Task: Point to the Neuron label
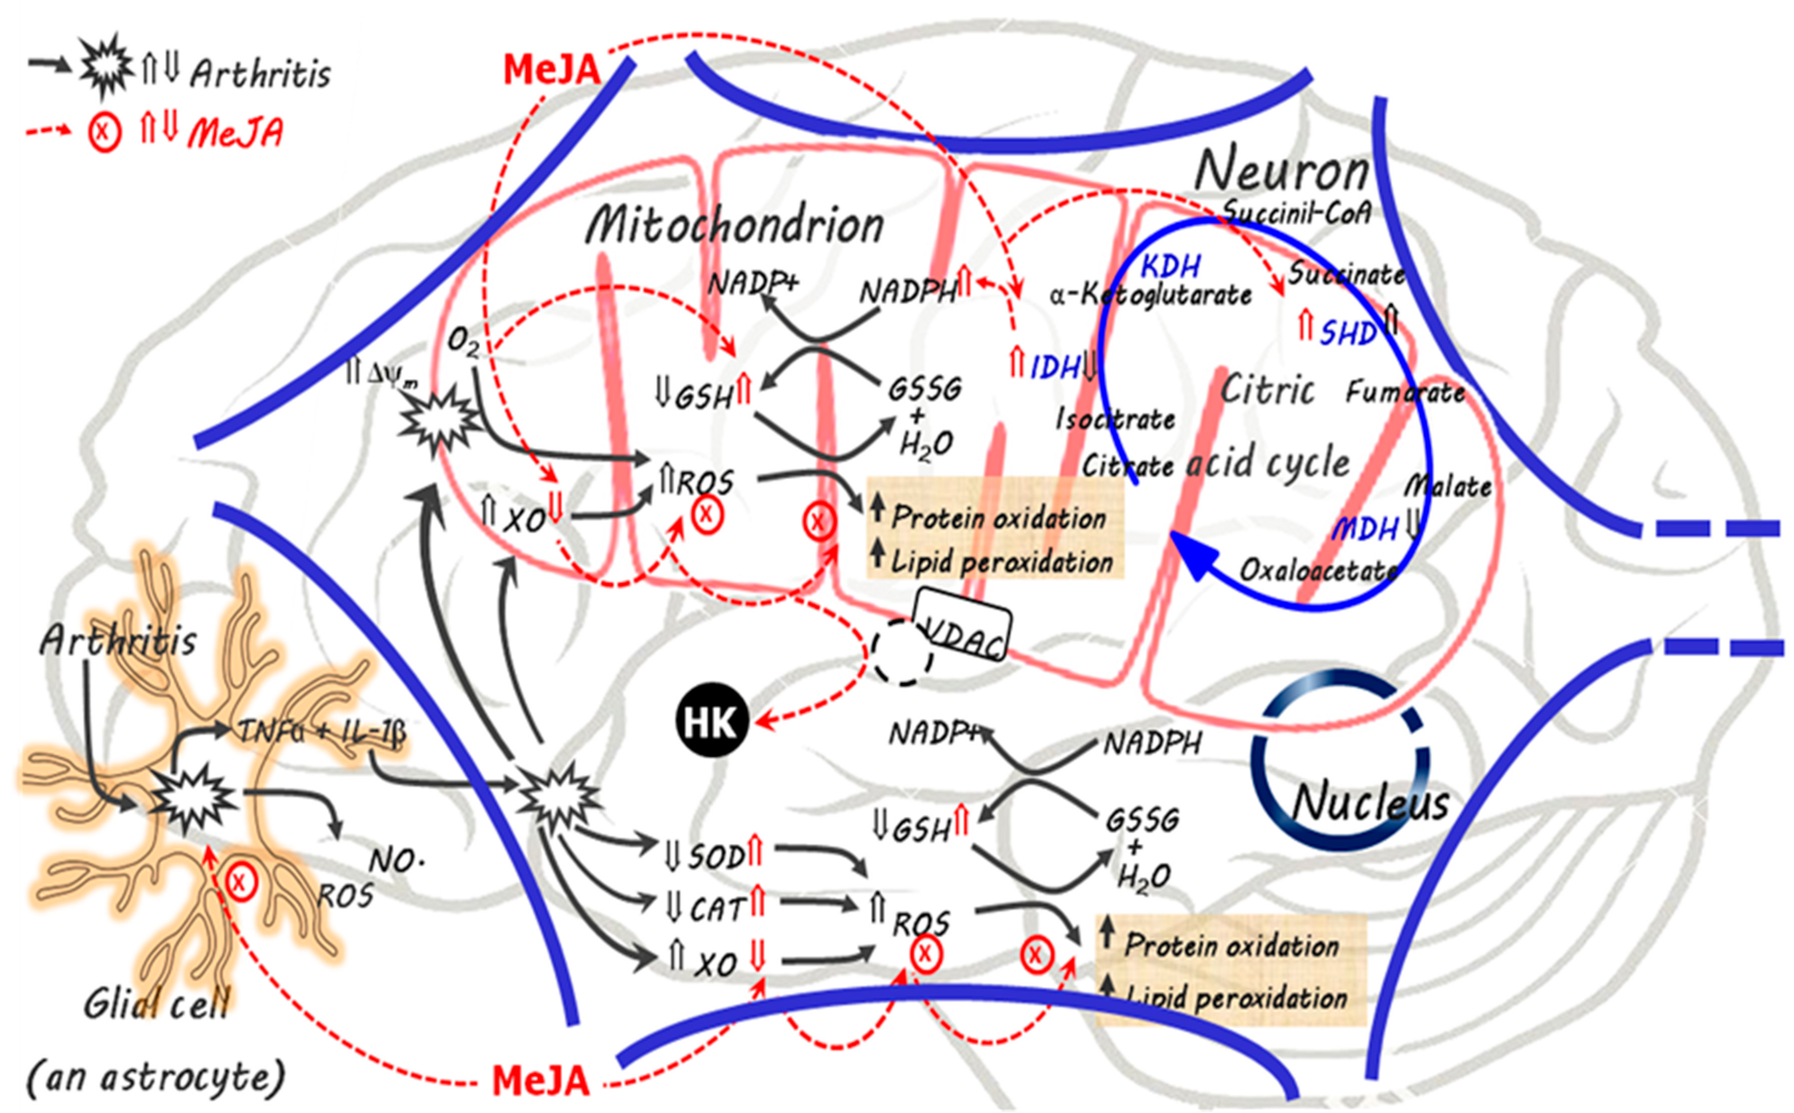[1281, 171]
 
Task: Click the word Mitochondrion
[735, 224]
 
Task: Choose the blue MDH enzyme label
[1366, 528]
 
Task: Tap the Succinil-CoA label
[1296, 212]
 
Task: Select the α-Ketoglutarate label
[1151, 295]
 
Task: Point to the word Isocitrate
[1115, 419]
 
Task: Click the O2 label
[464, 342]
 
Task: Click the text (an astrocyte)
[155, 1077]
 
